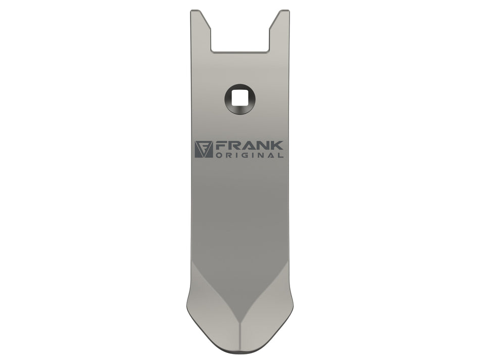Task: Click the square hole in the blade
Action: [239, 99]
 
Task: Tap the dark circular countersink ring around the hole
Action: [228, 99]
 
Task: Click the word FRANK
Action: [249, 145]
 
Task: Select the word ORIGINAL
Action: [249, 155]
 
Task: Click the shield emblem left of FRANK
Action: [204, 149]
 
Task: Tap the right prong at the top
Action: [280, 29]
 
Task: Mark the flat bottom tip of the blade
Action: [240, 349]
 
